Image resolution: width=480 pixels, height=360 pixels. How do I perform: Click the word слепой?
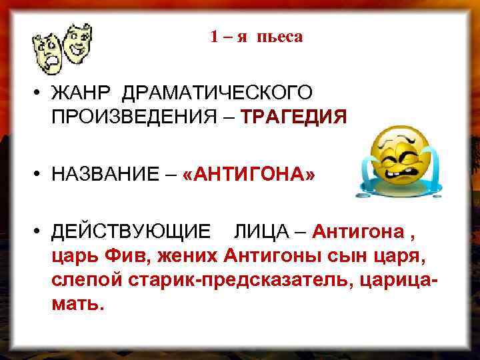[x=80, y=280]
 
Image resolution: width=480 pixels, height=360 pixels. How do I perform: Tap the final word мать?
[x=77, y=304]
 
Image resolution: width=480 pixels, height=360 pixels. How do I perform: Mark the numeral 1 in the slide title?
[x=214, y=37]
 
